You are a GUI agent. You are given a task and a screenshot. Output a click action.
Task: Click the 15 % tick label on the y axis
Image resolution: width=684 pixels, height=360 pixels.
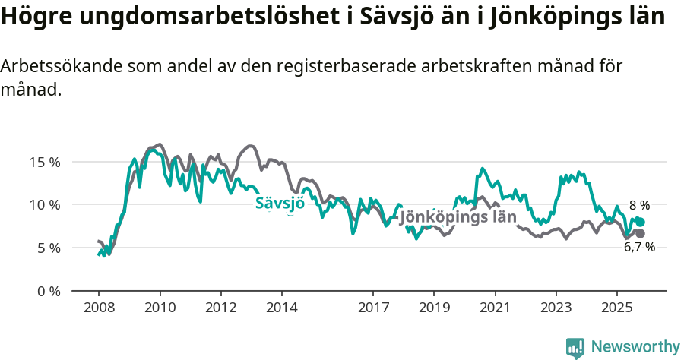(44, 162)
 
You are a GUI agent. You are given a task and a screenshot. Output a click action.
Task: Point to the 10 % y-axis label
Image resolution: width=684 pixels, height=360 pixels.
(44, 204)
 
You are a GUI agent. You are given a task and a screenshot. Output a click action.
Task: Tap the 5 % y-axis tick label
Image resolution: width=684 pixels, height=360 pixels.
(48, 248)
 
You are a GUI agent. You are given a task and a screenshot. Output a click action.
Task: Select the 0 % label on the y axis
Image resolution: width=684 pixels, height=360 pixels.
(48, 291)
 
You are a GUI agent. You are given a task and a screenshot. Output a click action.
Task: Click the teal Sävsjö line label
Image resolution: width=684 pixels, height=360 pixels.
(280, 203)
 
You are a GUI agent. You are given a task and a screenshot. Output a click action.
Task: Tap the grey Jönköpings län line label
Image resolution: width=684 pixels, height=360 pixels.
(458, 216)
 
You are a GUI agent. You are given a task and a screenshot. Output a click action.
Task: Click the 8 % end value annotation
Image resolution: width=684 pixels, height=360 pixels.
(639, 205)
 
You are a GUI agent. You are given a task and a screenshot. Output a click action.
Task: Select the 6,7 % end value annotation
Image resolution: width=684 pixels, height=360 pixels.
(639, 247)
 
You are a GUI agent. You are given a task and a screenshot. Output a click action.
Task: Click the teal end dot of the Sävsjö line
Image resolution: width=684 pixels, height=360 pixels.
(641, 222)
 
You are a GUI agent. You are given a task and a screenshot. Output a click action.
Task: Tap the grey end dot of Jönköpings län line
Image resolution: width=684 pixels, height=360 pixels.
(640, 233)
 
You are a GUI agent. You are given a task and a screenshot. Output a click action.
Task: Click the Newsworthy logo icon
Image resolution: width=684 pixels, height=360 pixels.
(575, 347)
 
